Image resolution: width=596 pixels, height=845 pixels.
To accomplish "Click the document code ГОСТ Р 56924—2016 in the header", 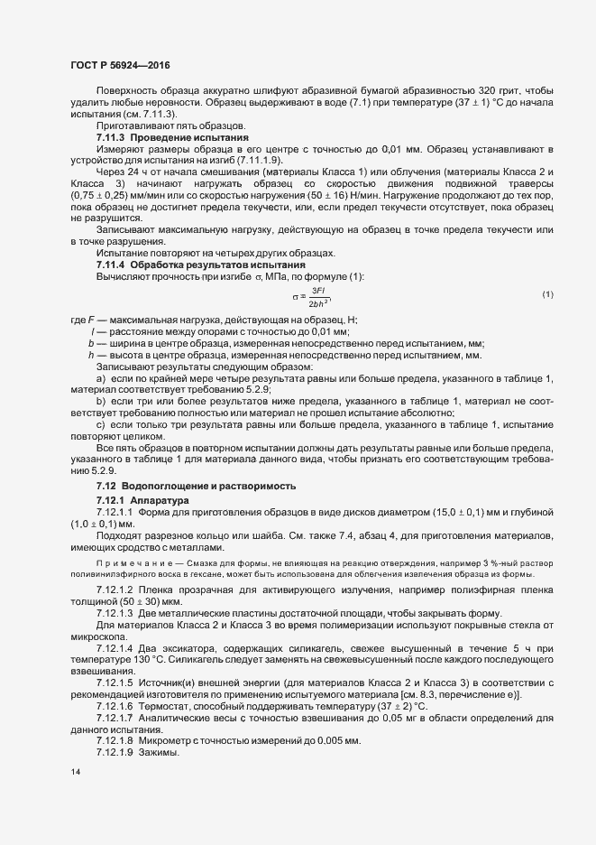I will coord(120,66).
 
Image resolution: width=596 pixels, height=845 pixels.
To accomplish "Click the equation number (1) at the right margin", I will coord(547,295).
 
